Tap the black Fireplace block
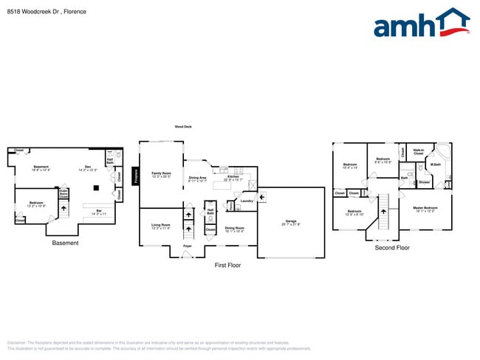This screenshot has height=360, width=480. (136, 176)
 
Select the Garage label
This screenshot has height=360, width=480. (290, 222)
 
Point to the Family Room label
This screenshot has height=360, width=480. (161, 175)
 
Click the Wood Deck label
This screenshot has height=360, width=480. (183, 127)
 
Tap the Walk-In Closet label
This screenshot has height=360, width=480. (418, 151)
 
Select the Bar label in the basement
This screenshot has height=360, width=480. (100, 212)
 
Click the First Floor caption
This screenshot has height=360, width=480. (228, 264)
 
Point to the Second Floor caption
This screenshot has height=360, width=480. (392, 248)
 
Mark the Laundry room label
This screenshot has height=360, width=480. (247, 201)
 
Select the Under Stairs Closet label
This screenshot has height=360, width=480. (64, 193)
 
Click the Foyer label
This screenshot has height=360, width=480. (188, 246)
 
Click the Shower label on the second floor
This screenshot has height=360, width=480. (425, 181)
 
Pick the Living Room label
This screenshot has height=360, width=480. (161, 227)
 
